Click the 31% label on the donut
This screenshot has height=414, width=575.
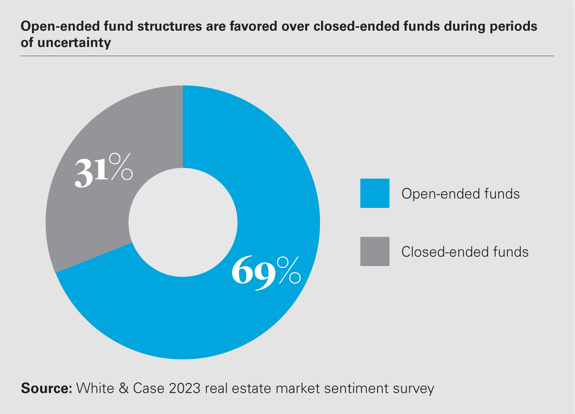tap(103, 170)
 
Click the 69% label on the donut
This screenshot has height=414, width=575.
tap(266, 272)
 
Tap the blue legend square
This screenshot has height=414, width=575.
tap(375, 193)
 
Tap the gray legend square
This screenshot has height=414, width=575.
tap(375, 251)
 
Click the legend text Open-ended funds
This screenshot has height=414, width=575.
tap(460, 194)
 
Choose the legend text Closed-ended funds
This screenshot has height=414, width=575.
tap(465, 252)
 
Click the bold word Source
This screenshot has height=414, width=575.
tap(46, 389)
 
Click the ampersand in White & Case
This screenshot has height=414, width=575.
tap(124, 389)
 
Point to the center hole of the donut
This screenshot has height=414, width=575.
tap(183, 223)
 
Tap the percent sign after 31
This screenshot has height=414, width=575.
tap(121, 167)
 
